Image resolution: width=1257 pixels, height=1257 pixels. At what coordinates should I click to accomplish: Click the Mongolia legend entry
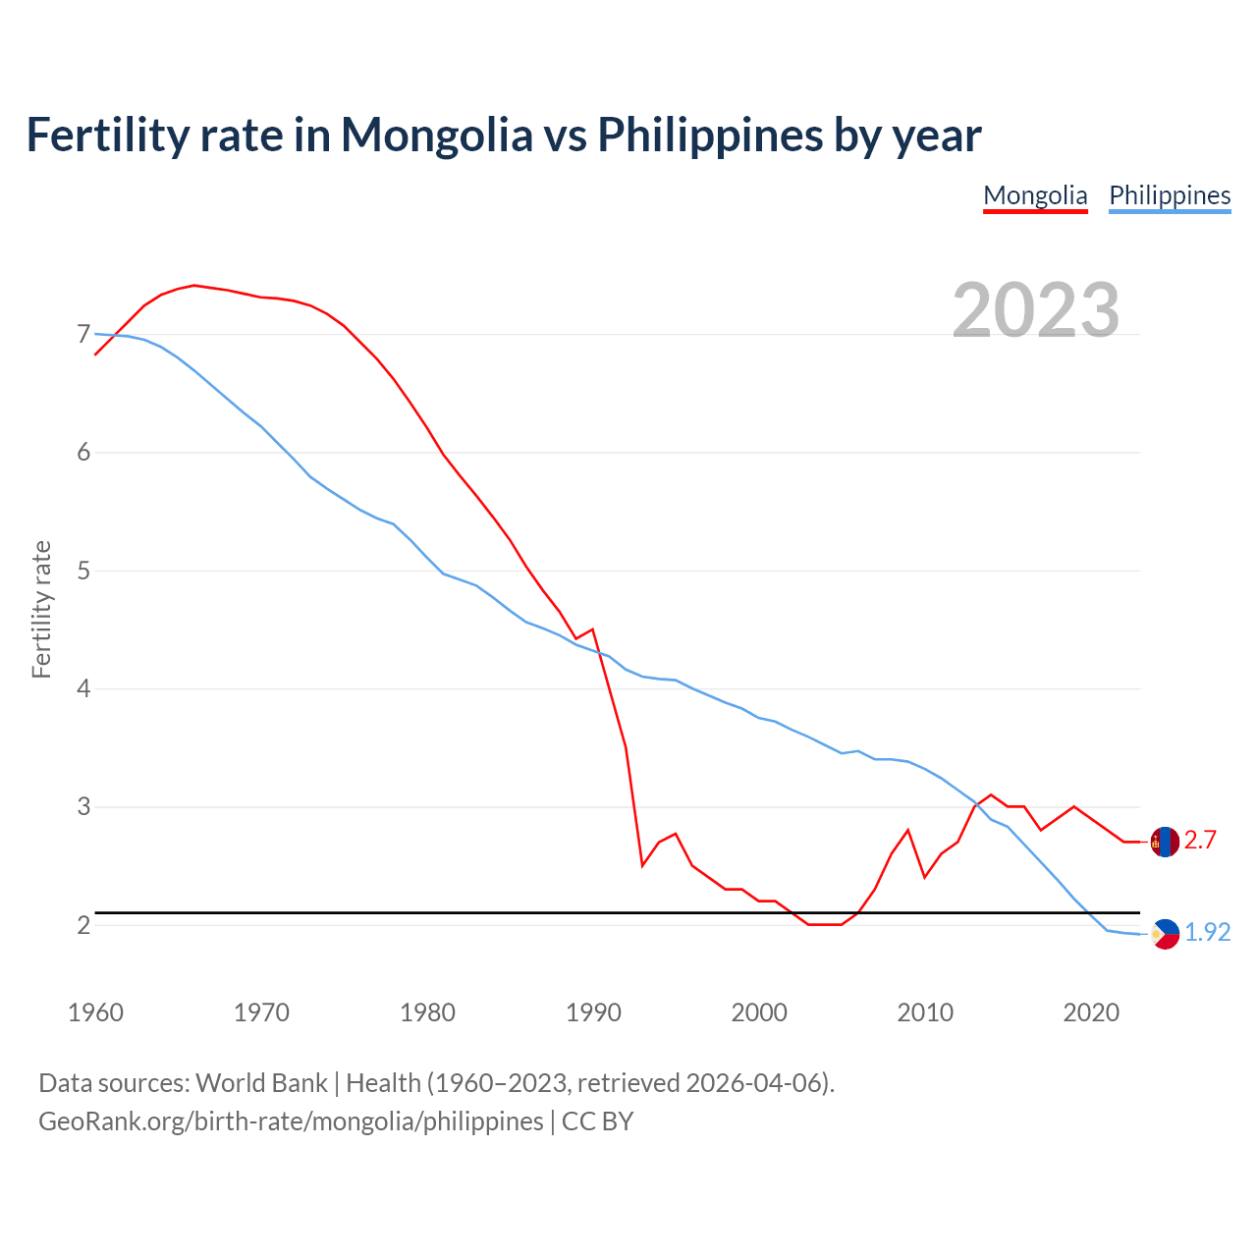tap(1035, 195)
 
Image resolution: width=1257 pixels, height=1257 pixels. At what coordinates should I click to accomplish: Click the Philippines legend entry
tap(1170, 195)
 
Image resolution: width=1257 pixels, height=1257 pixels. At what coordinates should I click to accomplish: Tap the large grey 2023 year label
tap(1036, 310)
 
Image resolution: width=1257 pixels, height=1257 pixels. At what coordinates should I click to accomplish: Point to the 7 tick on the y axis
tap(83, 335)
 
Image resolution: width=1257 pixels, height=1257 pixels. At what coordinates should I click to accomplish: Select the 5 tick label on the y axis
tap(83, 571)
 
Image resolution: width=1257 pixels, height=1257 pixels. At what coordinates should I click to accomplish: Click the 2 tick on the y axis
tap(83, 925)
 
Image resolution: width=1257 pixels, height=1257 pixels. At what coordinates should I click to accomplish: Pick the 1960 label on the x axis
tap(95, 1012)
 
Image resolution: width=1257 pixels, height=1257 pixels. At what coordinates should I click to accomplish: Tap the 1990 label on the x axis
tap(593, 1012)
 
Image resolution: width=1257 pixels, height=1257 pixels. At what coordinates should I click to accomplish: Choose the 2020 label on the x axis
tap(1091, 1012)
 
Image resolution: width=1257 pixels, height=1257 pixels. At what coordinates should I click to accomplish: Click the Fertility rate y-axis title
tap(41, 609)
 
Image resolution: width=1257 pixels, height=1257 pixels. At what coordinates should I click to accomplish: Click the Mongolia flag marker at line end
tap(1165, 842)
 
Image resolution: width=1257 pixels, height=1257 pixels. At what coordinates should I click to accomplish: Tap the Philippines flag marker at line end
tap(1165, 934)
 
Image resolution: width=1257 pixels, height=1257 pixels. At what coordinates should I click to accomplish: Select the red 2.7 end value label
tap(1200, 841)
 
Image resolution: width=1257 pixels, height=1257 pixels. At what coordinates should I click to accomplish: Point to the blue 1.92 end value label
tap(1207, 933)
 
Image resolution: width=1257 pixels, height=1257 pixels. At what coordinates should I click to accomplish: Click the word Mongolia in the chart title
tap(436, 135)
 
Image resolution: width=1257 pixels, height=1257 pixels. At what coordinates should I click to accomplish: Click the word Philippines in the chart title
tap(710, 135)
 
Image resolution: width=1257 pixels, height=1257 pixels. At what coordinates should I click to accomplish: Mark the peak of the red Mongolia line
tap(193, 285)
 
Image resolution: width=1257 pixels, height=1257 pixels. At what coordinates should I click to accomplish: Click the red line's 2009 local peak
tap(907, 830)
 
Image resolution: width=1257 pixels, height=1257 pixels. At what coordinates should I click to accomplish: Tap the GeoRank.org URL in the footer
tap(291, 1121)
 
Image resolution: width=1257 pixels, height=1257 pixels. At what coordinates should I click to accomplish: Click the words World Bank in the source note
tap(261, 1083)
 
